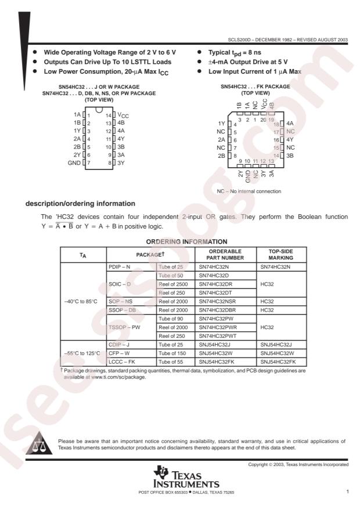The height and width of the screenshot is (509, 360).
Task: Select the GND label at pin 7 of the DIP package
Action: click(74, 163)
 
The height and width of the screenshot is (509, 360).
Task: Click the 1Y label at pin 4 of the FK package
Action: click(221, 124)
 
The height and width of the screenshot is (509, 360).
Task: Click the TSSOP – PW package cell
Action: click(124, 327)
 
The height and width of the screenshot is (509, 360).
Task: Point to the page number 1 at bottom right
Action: click(347, 492)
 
